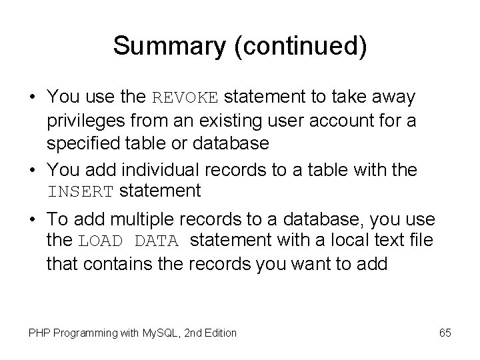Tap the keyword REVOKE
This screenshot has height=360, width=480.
[185, 98]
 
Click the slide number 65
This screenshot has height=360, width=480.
[445, 331]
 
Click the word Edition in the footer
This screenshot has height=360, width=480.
[219, 332]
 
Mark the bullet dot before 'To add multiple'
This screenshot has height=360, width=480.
[32, 220]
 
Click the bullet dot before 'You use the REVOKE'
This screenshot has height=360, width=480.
[32, 98]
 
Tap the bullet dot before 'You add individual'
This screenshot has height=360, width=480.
[32, 170]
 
